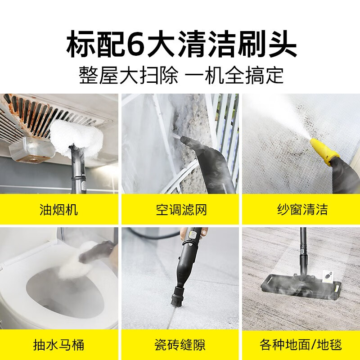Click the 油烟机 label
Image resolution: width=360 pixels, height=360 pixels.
tap(59, 210)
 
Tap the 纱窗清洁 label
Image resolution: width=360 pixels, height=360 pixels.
tap(302, 210)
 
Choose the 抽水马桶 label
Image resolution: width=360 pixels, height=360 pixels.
tap(59, 345)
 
